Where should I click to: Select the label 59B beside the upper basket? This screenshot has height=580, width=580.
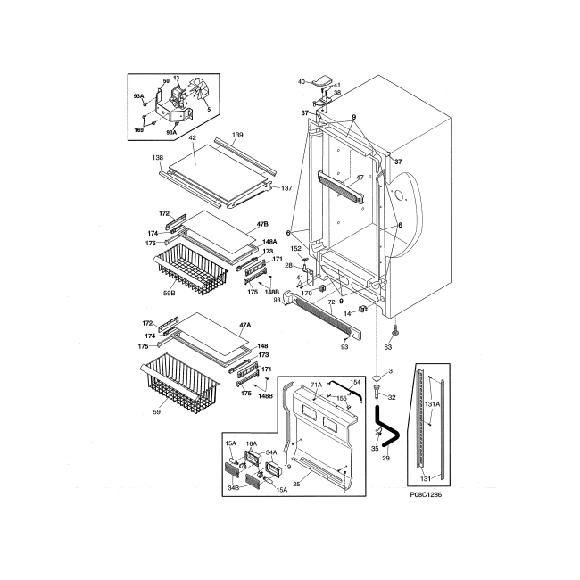pos(168,292)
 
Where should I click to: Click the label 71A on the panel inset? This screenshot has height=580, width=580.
pos(315,383)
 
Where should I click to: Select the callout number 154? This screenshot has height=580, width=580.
pos(355,383)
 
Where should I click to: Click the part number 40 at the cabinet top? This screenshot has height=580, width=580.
pos(301,82)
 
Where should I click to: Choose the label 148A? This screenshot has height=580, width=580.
pos(269,242)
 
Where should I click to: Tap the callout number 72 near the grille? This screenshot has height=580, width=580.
pos(331,302)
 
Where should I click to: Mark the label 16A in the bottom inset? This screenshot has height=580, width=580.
pos(252,443)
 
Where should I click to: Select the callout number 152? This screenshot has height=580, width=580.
pos(296,248)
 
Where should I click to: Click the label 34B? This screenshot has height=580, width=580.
pos(232,487)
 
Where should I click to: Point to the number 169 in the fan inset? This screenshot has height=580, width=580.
pos(138,130)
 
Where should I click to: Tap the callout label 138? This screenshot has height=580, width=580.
pos(158,156)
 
